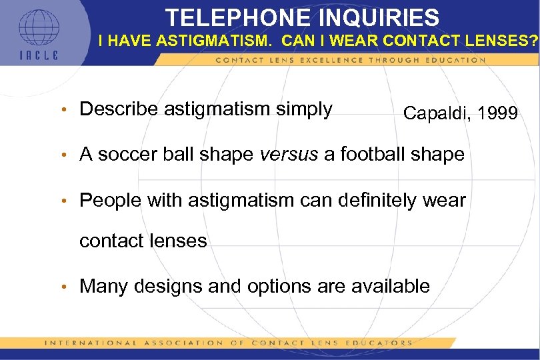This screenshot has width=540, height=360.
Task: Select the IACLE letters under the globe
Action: (39, 55)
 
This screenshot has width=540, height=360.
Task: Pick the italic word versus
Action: (289, 154)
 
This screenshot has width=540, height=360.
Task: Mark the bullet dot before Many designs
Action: (64, 287)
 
